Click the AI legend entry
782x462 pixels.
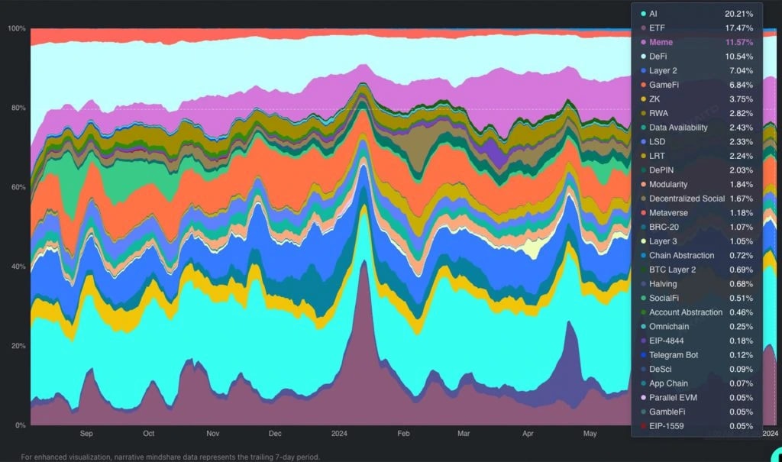click(653, 14)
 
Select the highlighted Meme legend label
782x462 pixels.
click(661, 42)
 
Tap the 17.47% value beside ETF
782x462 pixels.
click(738, 27)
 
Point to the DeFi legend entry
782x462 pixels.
click(659, 57)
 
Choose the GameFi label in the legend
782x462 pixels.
click(664, 85)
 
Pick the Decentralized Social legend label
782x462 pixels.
click(687, 199)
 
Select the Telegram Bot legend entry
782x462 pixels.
click(674, 355)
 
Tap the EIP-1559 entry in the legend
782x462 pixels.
click(667, 426)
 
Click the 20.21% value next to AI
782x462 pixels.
click(738, 14)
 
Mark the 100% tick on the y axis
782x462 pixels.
click(16, 28)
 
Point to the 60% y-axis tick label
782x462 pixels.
click(18, 187)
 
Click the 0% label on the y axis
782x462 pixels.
click(21, 425)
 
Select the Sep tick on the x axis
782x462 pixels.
click(86, 434)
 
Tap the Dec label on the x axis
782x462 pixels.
click(275, 434)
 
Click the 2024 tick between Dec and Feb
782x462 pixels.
click(339, 434)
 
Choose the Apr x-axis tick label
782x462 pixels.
click(528, 434)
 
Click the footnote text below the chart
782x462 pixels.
click(170, 457)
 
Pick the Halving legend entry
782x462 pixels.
click(664, 284)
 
